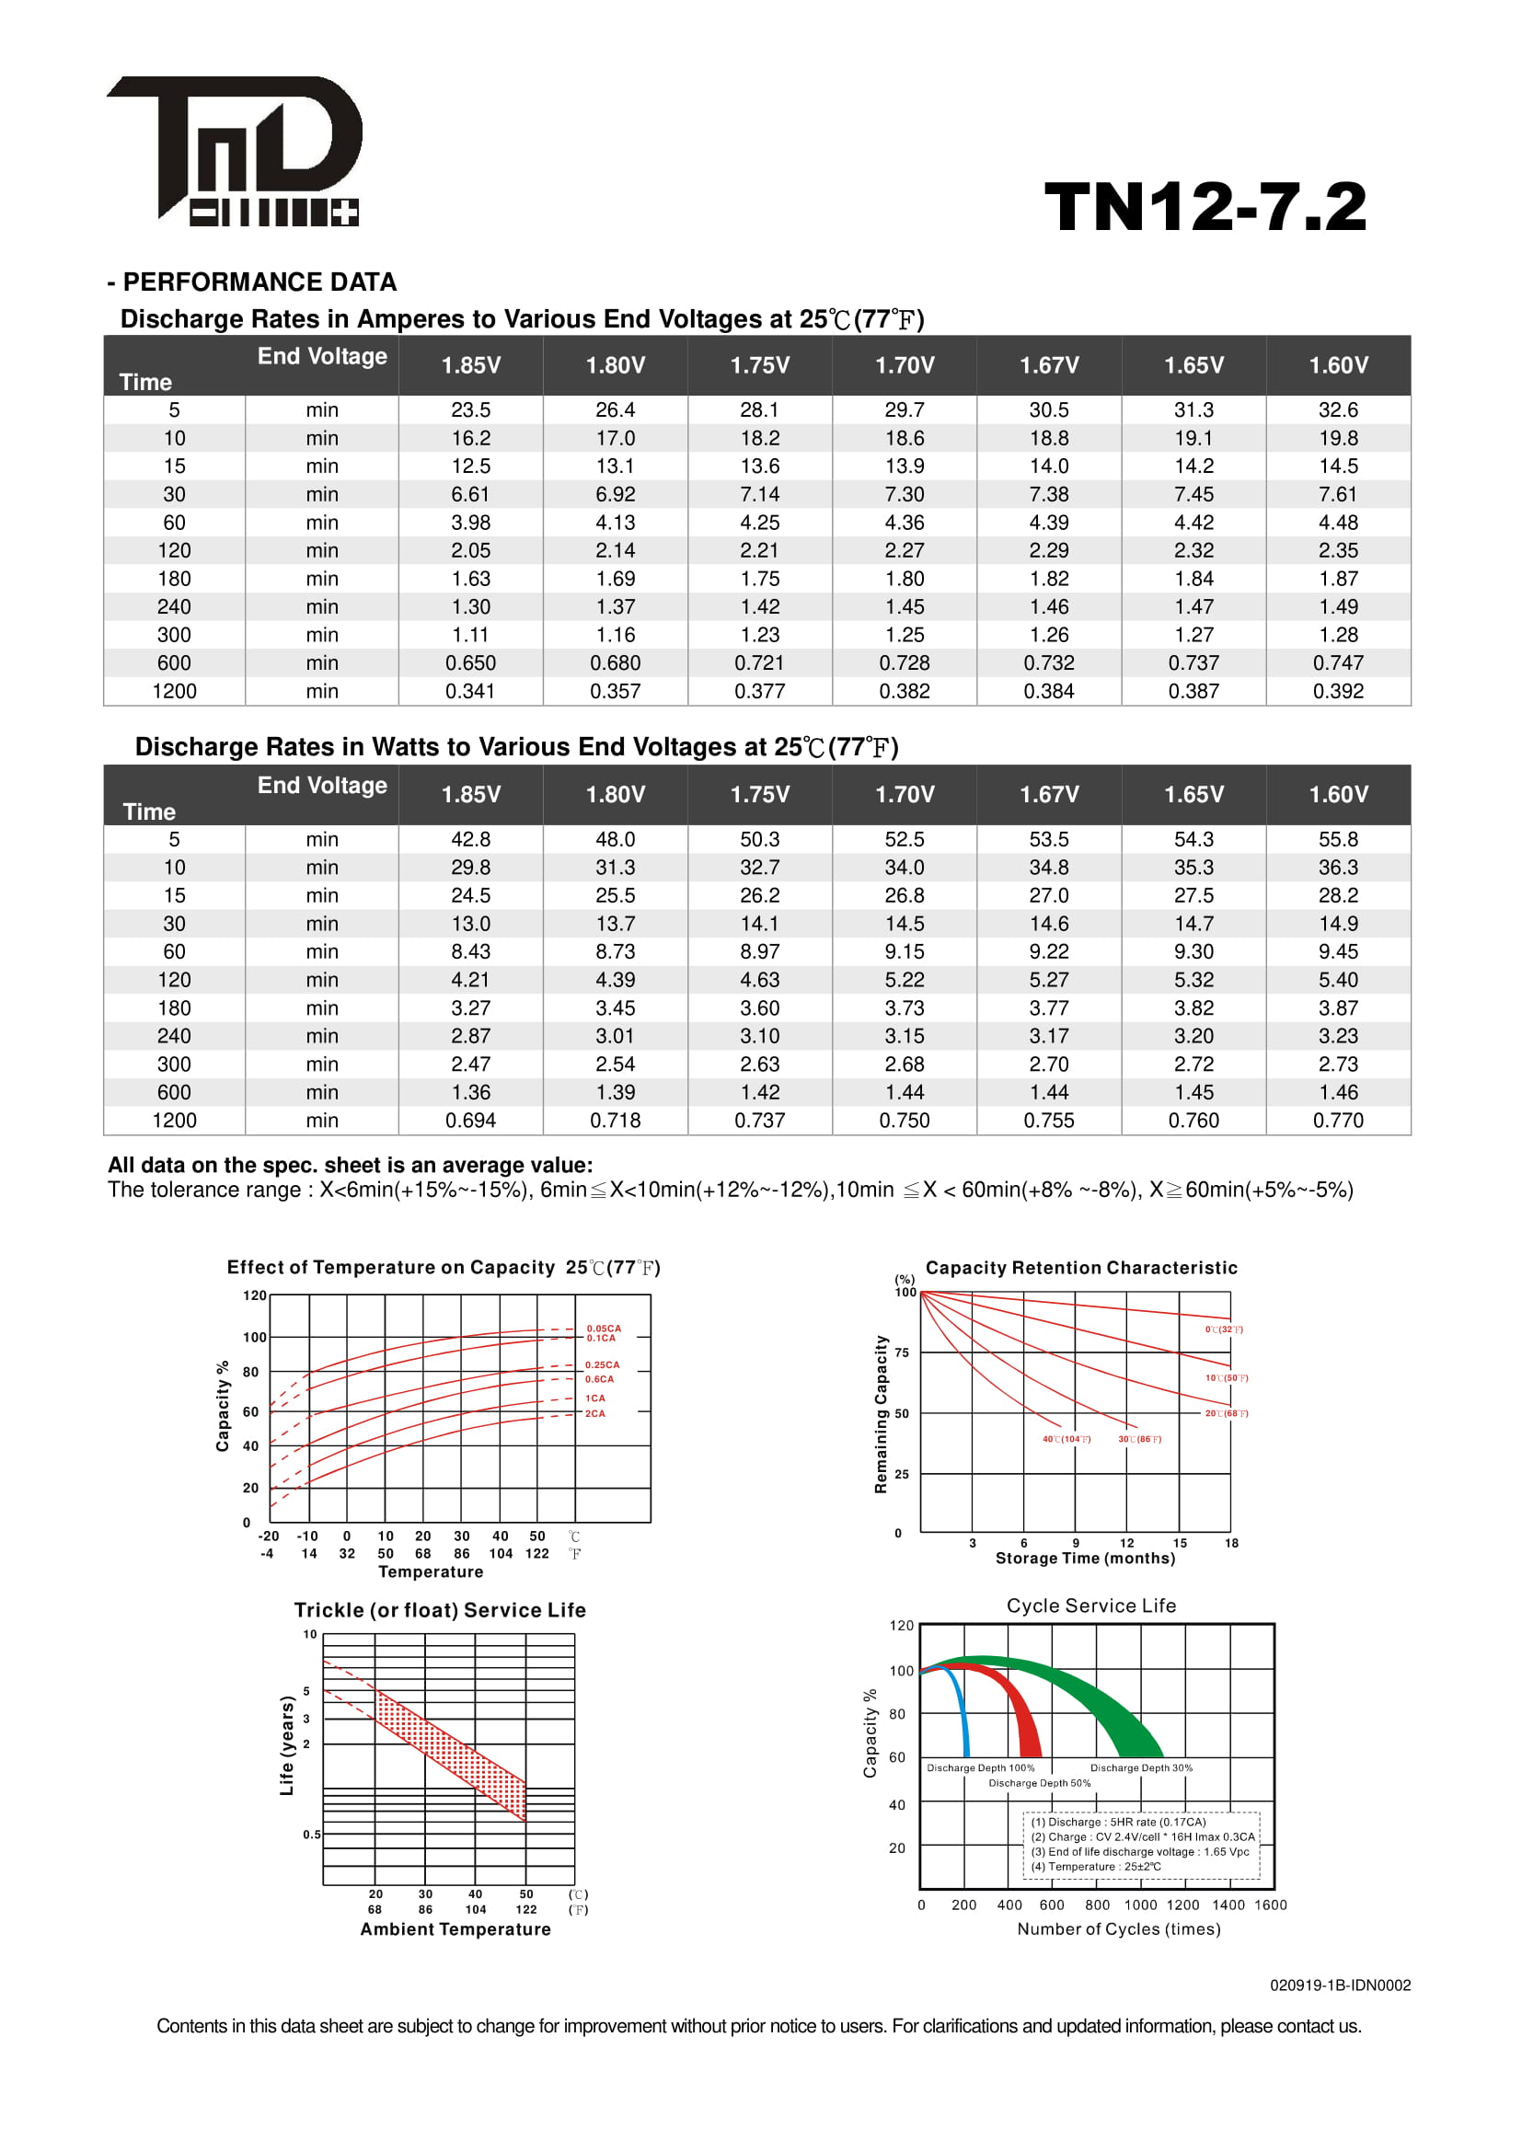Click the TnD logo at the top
(x=235, y=150)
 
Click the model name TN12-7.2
(x=1205, y=207)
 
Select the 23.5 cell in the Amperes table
(x=470, y=410)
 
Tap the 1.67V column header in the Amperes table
(x=1049, y=365)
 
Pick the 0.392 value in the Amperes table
(x=1337, y=692)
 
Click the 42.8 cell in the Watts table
(x=470, y=840)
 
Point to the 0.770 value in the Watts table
(x=1337, y=1121)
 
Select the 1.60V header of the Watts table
(x=1337, y=795)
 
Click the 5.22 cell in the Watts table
(x=905, y=981)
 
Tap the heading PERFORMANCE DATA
(x=259, y=282)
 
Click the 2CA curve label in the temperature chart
(x=595, y=1413)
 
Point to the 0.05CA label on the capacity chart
(x=604, y=1329)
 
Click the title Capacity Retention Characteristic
(x=1080, y=1268)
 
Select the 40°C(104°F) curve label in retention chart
(x=1067, y=1439)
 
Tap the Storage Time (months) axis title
(x=1084, y=1558)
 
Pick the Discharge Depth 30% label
(x=1140, y=1767)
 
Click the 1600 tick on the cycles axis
(x=1270, y=1905)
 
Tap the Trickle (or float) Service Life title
(x=440, y=1610)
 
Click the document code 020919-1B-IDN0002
(x=1339, y=1985)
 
